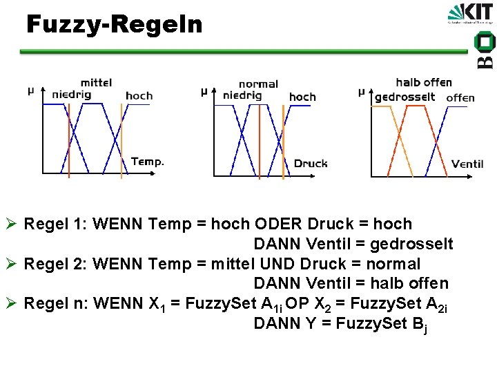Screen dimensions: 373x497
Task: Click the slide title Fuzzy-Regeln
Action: [x=115, y=25]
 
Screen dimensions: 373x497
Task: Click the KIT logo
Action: [x=471, y=15]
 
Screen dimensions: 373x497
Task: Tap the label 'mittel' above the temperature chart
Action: [x=96, y=83]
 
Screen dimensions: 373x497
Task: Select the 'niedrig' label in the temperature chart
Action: [x=72, y=95]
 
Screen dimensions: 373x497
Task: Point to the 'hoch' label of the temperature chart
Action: [x=139, y=96]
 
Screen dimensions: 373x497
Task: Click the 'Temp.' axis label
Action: [x=148, y=162]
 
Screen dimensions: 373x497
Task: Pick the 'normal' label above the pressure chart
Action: [x=258, y=84]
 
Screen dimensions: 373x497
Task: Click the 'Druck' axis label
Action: [x=311, y=164]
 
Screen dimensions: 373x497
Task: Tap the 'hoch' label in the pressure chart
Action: [x=302, y=97]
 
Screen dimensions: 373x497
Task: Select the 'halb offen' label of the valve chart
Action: [x=424, y=83]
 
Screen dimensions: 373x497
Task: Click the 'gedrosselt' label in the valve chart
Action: [x=405, y=97]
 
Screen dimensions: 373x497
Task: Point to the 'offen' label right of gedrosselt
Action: [x=460, y=98]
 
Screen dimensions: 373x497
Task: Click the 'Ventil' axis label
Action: [x=467, y=164]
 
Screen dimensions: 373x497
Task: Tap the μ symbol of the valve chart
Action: [x=361, y=92]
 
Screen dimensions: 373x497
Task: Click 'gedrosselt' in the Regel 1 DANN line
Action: [x=411, y=244]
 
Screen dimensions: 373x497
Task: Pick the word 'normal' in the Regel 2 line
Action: [x=391, y=264]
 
